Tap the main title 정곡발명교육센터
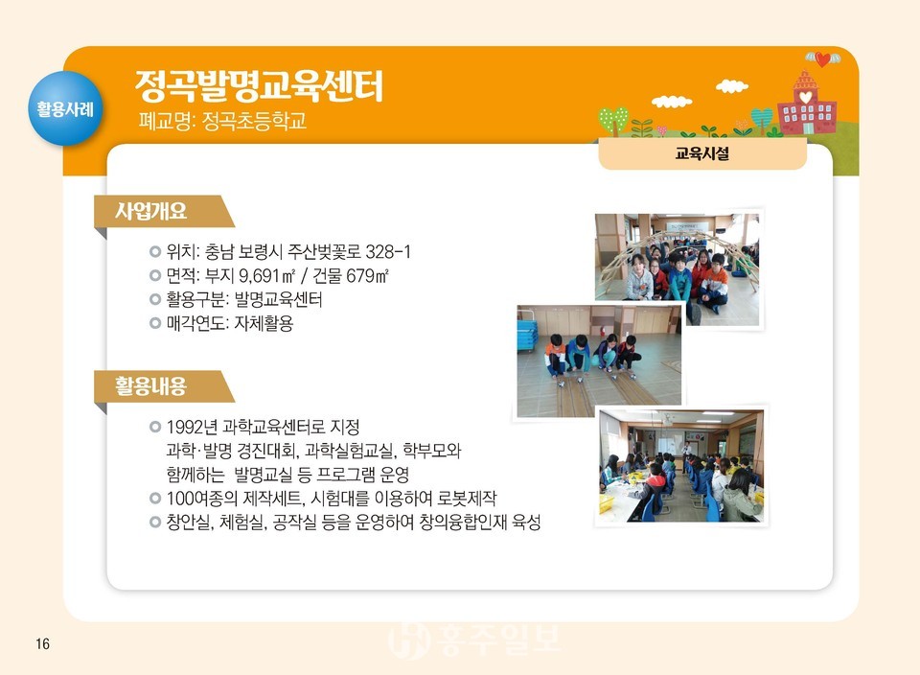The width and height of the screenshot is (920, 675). point(259,85)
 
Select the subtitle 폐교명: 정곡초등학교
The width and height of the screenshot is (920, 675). point(223,123)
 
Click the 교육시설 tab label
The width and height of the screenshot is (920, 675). point(701,152)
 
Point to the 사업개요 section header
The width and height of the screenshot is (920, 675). point(152,211)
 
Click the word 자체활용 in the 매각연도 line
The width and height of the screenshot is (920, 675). point(263,324)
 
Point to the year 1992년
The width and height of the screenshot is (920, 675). point(192,426)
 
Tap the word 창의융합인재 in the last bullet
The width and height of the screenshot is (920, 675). point(462,522)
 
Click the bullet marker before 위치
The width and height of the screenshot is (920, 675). point(155,252)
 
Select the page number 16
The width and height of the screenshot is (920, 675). point(42,643)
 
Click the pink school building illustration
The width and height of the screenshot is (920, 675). point(806,105)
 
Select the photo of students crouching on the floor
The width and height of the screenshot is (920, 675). point(598,362)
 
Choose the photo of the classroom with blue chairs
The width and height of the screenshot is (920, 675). point(680,466)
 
